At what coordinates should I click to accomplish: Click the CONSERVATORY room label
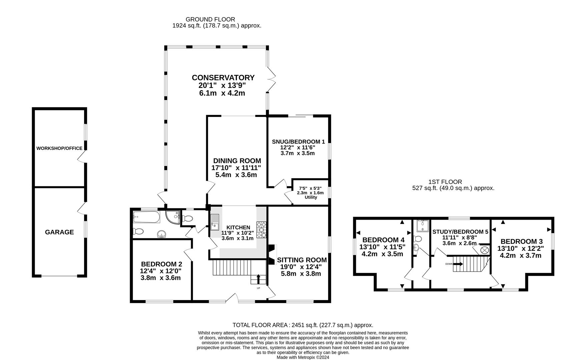pos(223,78)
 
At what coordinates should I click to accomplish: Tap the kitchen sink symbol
pos(215,222)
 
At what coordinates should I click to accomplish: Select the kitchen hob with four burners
pos(261,230)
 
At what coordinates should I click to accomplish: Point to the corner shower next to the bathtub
pos(172,217)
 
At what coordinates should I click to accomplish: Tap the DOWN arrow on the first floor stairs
pos(458,264)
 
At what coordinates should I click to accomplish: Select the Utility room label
pos(311,197)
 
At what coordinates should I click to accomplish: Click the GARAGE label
pos(59,232)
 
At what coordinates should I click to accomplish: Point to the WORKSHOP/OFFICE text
pos(59,148)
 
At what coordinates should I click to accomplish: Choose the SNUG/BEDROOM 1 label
pos(298,141)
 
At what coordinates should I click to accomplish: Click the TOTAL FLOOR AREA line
pos(303,325)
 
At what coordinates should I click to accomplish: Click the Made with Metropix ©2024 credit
pos(303,357)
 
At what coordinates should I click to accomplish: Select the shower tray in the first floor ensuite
pos(422,226)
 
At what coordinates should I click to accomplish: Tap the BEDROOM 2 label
pos(161,264)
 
